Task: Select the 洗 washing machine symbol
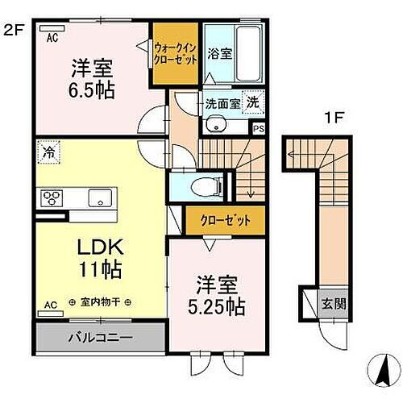click(253, 103)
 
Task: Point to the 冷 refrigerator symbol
click(48, 152)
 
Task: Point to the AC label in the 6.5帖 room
click(52, 37)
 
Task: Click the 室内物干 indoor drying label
click(106, 303)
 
